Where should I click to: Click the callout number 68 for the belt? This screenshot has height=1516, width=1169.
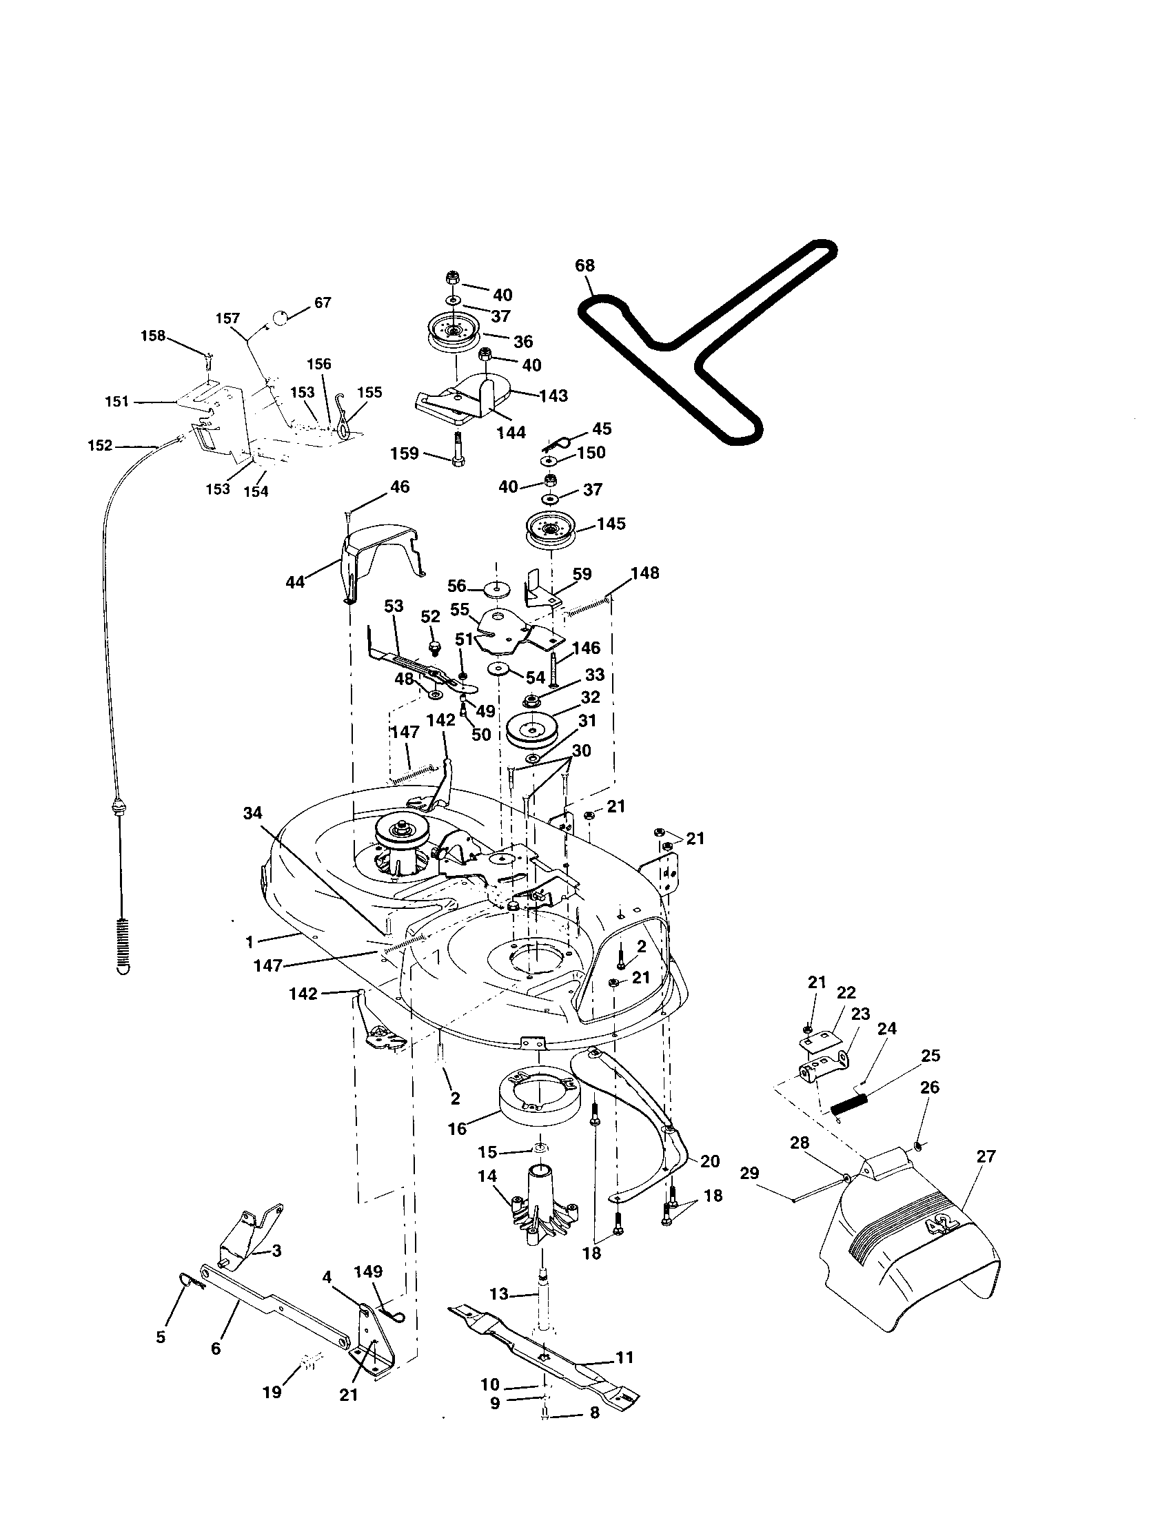pyautogui.click(x=584, y=265)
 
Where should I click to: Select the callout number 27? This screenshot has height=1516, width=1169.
pyautogui.click(x=986, y=1156)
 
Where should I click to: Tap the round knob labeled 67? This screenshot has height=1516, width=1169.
pyautogui.click(x=278, y=318)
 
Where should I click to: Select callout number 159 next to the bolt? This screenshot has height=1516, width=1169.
pyautogui.click(x=405, y=453)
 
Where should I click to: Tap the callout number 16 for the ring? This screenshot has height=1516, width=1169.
pyautogui.click(x=458, y=1129)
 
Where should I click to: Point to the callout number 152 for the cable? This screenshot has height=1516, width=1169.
pyautogui.click(x=101, y=445)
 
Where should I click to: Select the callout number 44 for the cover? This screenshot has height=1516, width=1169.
pyautogui.click(x=295, y=582)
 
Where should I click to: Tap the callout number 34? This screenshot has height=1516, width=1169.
pyautogui.click(x=253, y=813)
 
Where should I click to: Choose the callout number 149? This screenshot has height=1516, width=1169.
pyautogui.click(x=368, y=1271)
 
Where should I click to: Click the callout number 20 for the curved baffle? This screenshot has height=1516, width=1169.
pyautogui.click(x=709, y=1161)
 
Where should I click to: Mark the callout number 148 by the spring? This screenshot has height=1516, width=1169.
pyautogui.click(x=645, y=573)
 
